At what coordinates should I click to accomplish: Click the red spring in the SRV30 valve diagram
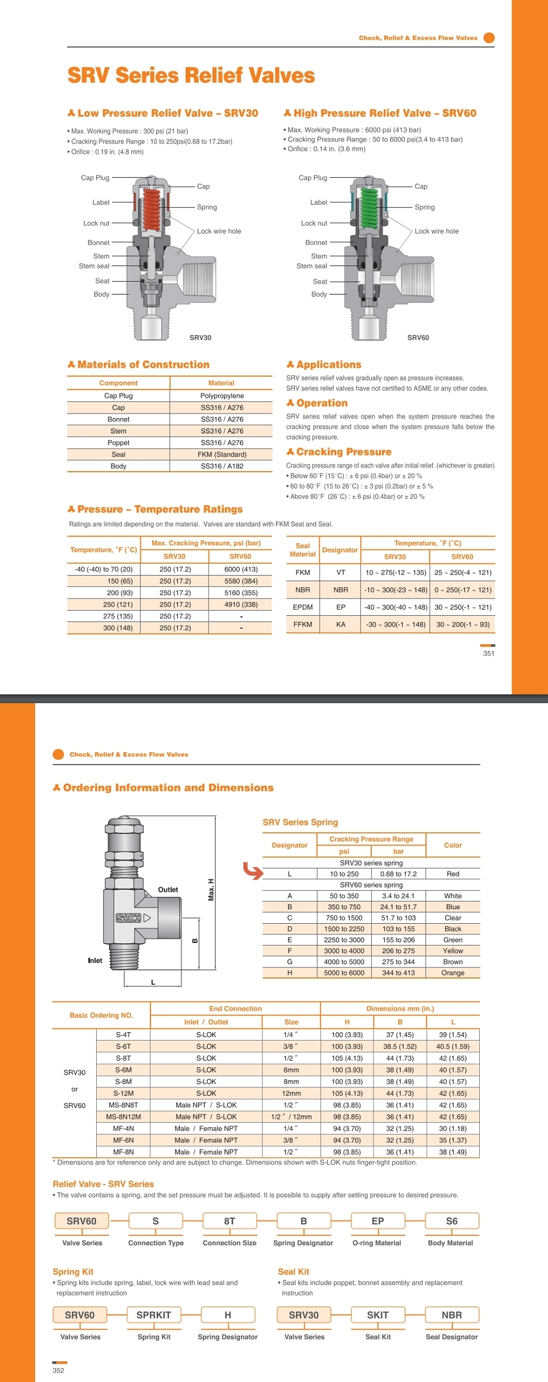click(152, 210)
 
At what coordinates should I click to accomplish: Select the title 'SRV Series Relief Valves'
click(191, 75)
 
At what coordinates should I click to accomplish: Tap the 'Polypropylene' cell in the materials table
click(222, 396)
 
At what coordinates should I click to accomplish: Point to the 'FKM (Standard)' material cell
click(222, 454)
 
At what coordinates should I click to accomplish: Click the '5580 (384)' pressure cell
click(241, 581)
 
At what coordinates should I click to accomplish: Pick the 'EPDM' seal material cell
click(303, 607)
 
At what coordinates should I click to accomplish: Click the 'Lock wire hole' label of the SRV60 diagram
click(436, 231)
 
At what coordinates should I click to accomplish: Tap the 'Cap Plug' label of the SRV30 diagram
click(95, 178)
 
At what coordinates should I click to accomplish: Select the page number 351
click(489, 653)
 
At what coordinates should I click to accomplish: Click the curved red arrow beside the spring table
click(253, 871)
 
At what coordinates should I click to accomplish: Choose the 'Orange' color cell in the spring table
click(452, 973)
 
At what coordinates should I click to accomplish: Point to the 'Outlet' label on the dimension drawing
click(168, 890)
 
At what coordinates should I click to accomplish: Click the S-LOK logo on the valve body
click(129, 918)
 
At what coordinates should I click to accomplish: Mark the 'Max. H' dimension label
click(211, 890)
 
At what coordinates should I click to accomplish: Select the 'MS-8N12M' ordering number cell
click(124, 1117)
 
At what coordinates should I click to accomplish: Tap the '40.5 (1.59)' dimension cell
click(453, 1046)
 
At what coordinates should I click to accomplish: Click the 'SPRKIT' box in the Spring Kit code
click(154, 1315)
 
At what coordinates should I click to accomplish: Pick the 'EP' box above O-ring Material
click(377, 1221)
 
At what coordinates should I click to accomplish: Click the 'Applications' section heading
click(329, 364)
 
